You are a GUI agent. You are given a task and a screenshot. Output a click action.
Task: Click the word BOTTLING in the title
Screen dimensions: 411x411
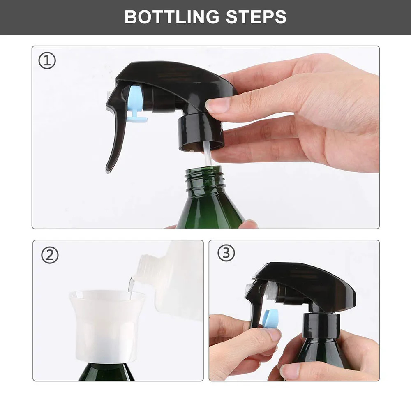(x=172, y=17)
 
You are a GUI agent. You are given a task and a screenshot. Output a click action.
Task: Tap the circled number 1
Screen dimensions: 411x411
(x=47, y=61)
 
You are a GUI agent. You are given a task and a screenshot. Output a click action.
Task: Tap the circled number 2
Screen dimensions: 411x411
(x=50, y=255)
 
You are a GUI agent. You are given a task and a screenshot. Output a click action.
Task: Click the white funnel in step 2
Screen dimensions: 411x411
(x=107, y=325)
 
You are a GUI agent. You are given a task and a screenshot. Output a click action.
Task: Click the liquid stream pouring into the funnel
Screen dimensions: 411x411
(x=131, y=286)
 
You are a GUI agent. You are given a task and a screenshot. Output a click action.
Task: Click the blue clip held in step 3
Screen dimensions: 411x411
(x=272, y=318)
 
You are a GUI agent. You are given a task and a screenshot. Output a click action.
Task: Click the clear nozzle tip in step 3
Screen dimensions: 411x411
(x=249, y=288)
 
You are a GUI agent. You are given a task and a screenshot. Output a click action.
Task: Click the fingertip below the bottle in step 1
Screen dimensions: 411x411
(x=248, y=224)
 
